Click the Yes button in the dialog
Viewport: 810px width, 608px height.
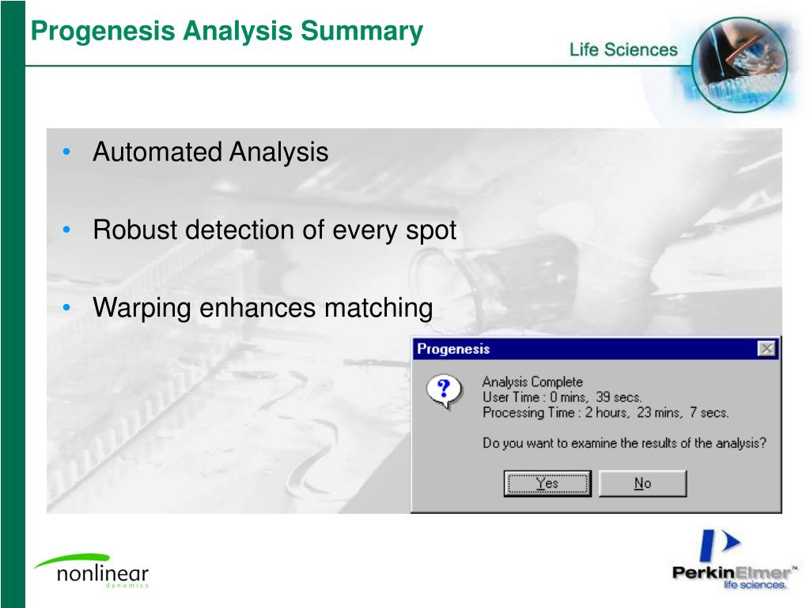547,484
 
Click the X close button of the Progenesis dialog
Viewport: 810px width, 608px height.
766,349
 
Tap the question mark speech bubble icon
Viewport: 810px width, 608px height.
444,391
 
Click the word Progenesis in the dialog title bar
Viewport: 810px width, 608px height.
453,349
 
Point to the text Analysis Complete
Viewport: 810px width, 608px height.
532,382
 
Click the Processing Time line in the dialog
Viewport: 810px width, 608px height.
605,412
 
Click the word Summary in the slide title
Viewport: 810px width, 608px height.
361,32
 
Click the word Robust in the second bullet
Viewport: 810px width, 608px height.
135,230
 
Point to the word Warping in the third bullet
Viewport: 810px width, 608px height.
142,308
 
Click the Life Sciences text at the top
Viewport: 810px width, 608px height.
623,50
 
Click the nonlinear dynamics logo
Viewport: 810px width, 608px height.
91,572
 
